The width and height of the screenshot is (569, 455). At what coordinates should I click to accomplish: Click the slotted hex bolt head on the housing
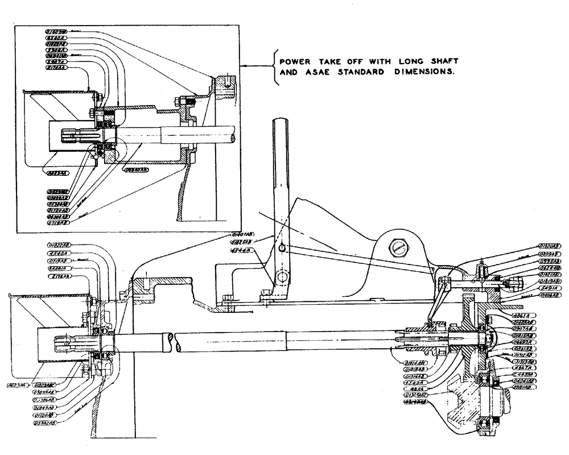click(398, 248)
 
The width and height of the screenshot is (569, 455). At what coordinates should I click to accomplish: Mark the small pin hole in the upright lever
click(282, 247)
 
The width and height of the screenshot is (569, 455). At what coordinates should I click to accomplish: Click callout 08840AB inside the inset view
click(134, 169)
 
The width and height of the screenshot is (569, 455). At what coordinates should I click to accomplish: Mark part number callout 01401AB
click(242, 234)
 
